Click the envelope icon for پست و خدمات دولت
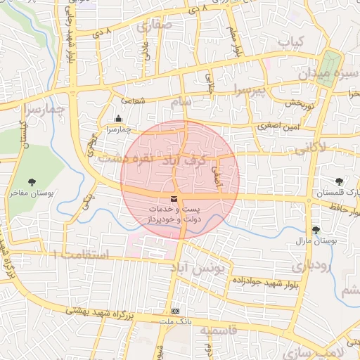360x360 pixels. [174, 199]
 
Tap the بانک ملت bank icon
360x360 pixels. [175, 311]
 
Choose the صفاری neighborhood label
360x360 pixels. [155, 27]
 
